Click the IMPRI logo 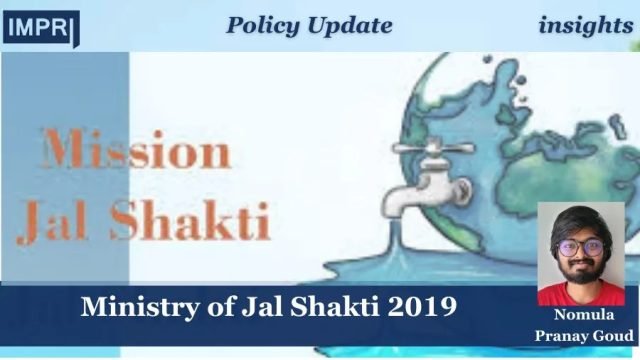[x=41, y=27]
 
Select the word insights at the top [x=585, y=25]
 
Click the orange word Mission [x=136, y=151]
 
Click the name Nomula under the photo [x=586, y=315]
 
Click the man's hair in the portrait [x=581, y=221]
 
